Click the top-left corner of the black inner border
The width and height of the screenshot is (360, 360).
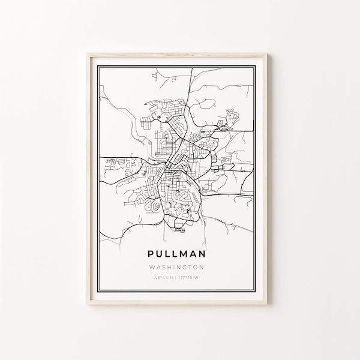[x=99, y=59]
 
